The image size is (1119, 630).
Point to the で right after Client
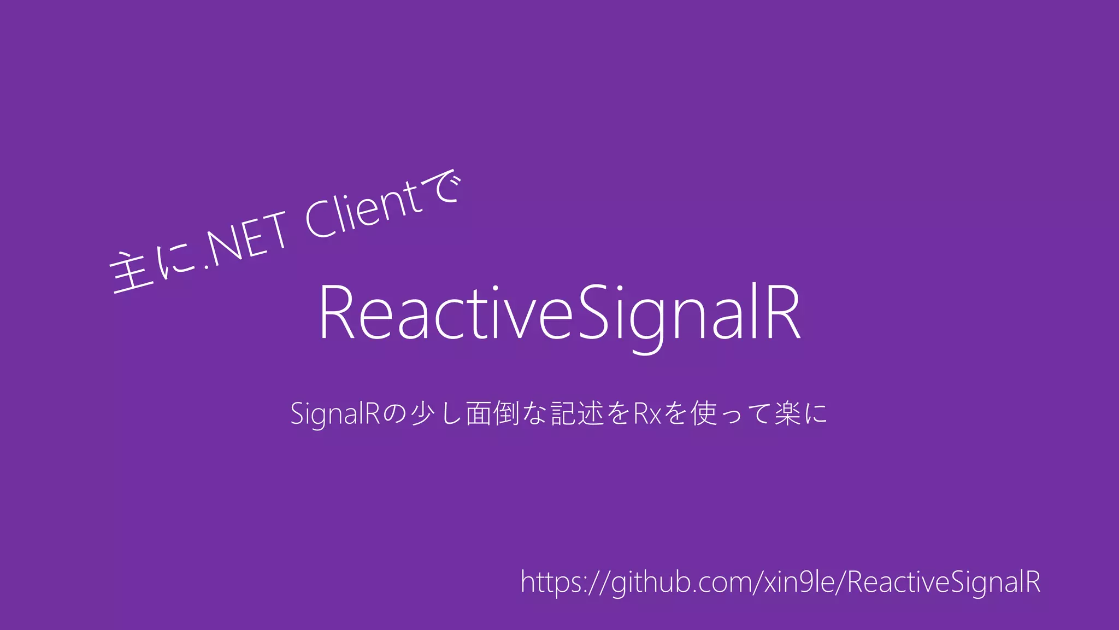(x=446, y=186)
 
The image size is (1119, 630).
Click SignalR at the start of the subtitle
(x=334, y=413)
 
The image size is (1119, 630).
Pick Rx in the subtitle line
(x=647, y=413)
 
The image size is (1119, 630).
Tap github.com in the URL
(x=683, y=583)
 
